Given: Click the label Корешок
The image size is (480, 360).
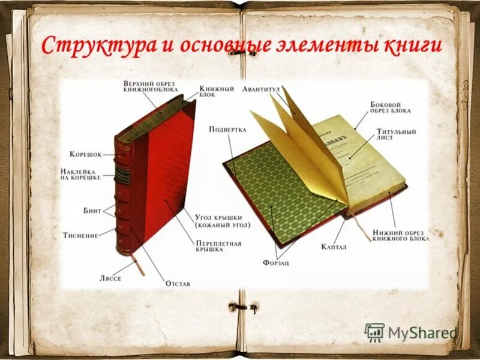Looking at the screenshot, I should (85, 154).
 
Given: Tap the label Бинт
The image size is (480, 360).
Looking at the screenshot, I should (91, 211).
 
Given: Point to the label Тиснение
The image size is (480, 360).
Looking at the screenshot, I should (80, 235).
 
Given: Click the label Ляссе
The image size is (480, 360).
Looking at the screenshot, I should (110, 278).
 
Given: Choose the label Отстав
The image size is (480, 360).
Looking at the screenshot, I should (178, 283).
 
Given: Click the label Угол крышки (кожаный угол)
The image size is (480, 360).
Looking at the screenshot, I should (222, 221).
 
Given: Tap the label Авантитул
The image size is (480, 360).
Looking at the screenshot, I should (262, 89).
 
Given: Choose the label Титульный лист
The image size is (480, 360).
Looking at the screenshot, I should (396, 134).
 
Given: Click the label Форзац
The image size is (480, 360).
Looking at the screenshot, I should (275, 263).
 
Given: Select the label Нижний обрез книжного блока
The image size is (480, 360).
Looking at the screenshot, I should (401, 235).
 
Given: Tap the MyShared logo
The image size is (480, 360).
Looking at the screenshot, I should (412, 332).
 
